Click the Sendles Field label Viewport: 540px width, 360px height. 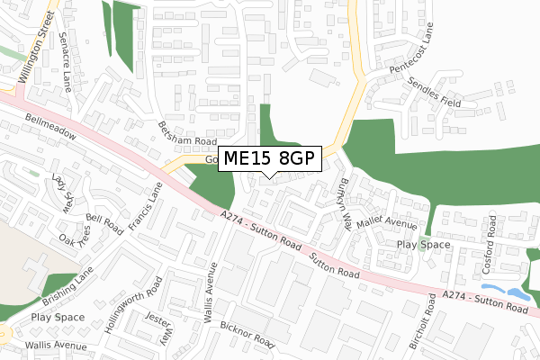pos(433,90)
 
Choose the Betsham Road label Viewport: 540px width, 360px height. pos(187,135)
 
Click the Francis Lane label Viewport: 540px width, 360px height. pos(143,208)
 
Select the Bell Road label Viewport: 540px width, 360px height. pos(103,221)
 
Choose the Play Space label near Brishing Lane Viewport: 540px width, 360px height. pos(57,318)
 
